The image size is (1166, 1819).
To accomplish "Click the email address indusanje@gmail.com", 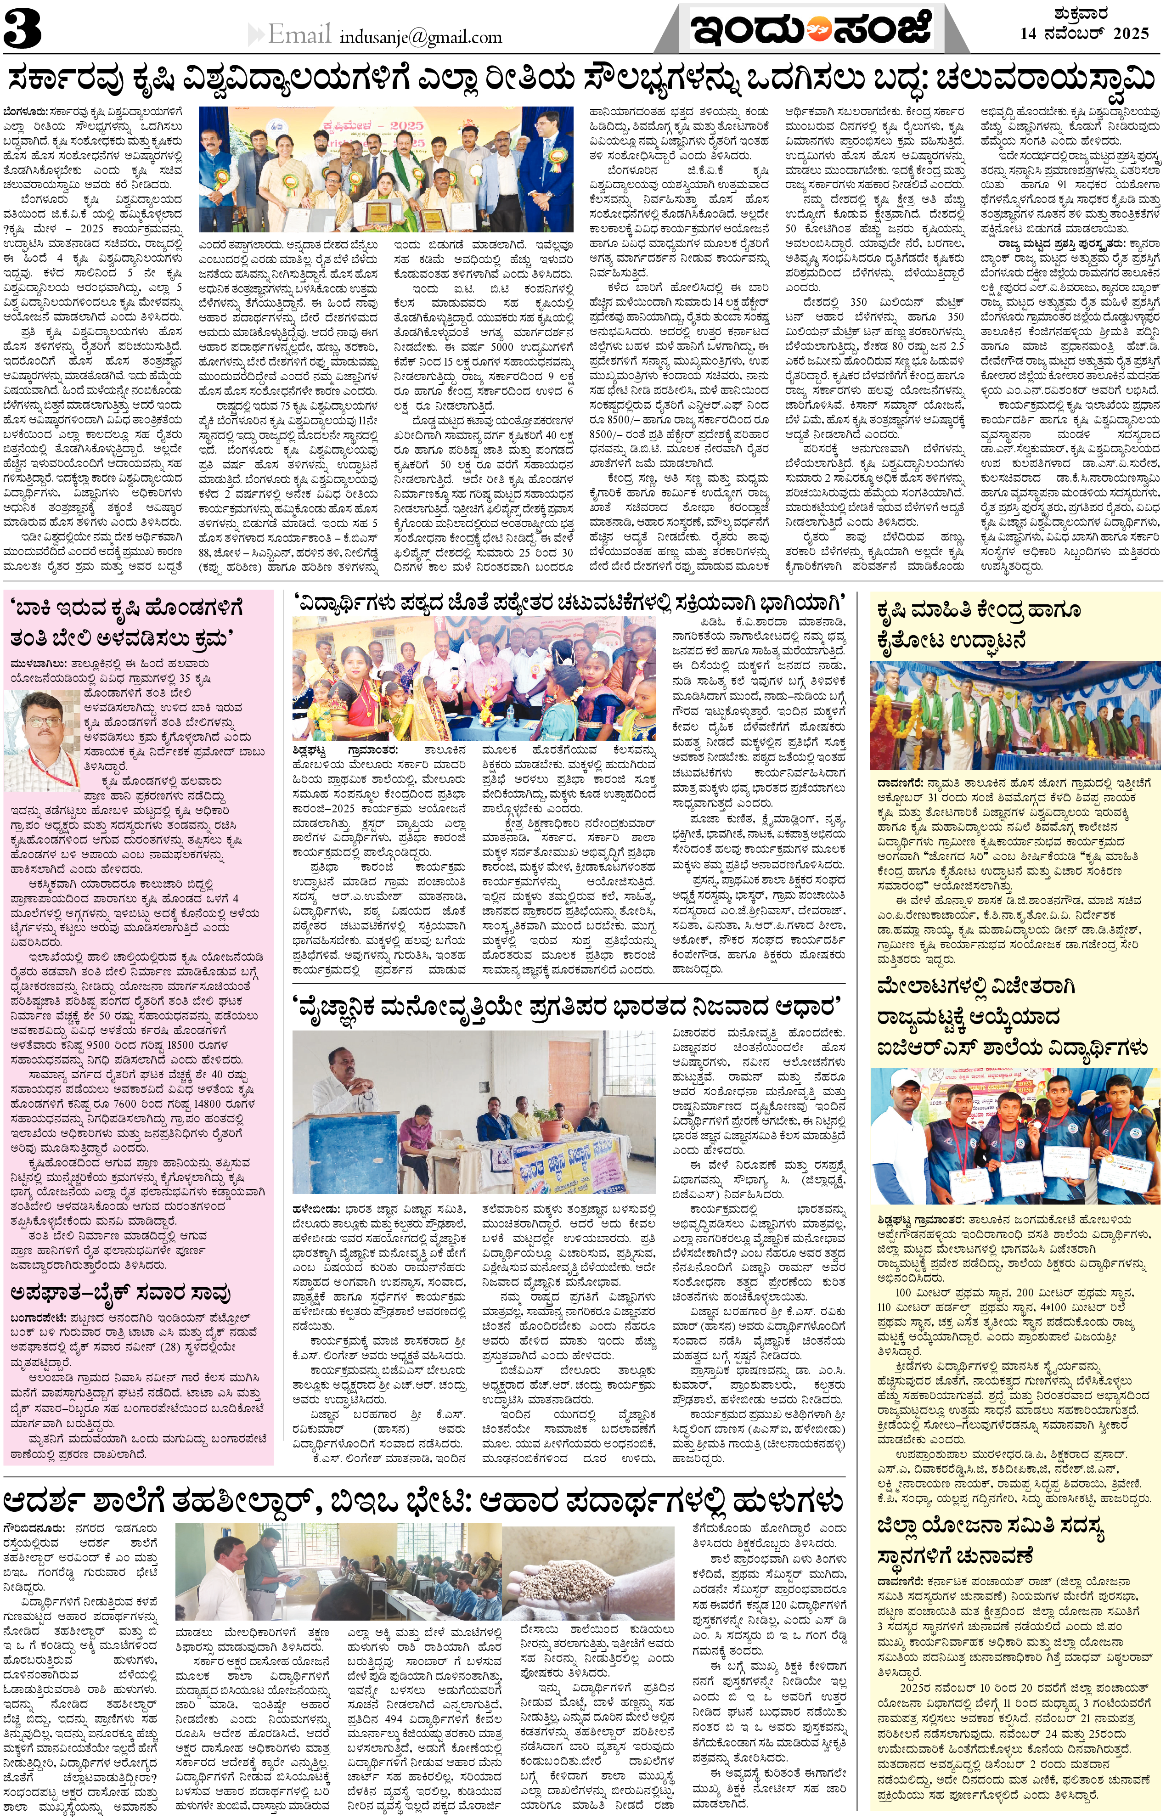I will coord(421,36).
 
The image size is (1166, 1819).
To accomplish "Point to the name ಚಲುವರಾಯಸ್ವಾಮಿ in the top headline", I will coord(1045,78).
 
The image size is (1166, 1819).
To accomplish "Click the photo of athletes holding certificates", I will coord(1014,1136).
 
